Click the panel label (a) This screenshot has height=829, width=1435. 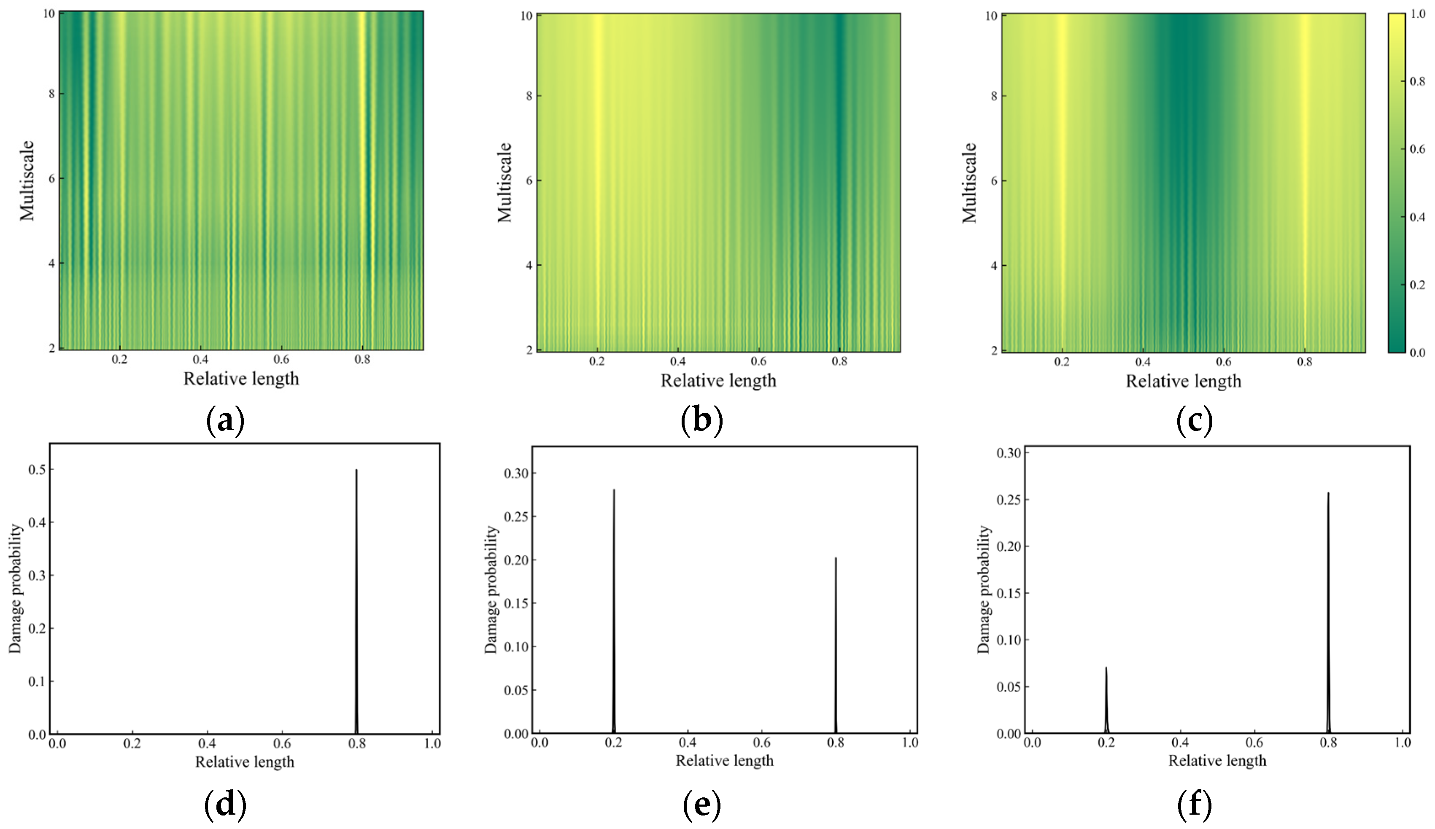[x=225, y=421]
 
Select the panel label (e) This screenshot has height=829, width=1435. [x=701, y=805]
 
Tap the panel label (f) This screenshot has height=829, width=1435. [x=1194, y=805]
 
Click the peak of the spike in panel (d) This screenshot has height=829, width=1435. [x=356, y=470]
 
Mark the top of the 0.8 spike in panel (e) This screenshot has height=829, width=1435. [x=836, y=558]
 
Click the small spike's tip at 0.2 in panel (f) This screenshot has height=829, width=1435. [x=1106, y=668]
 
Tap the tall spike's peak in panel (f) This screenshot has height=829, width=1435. [x=1328, y=493]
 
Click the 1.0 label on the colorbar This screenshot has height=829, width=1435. [x=1418, y=13]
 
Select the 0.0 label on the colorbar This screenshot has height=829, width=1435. [x=1418, y=353]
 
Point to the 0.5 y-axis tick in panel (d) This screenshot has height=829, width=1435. [x=38, y=470]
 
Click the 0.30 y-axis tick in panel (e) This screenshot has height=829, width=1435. [x=516, y=473]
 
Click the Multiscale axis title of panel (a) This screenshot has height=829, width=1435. [x=27, y=180]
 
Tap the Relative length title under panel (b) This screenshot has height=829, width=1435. [x=718, y=380]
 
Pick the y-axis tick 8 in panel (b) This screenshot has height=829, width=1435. [x=529, y=96]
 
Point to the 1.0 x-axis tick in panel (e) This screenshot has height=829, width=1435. [x=910, y=743]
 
